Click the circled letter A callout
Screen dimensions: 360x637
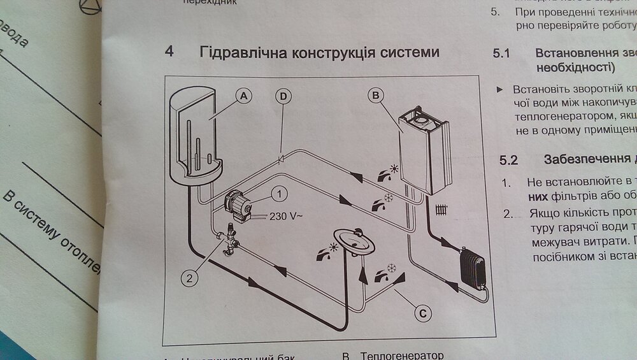(x=243, y=96)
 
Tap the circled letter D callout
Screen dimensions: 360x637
(x=283, y=96)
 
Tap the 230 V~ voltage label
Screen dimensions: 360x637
(x=286, y=216)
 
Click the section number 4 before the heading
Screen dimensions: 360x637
(x=169, y=52)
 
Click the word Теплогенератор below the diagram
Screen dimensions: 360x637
(x=401, y=356)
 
